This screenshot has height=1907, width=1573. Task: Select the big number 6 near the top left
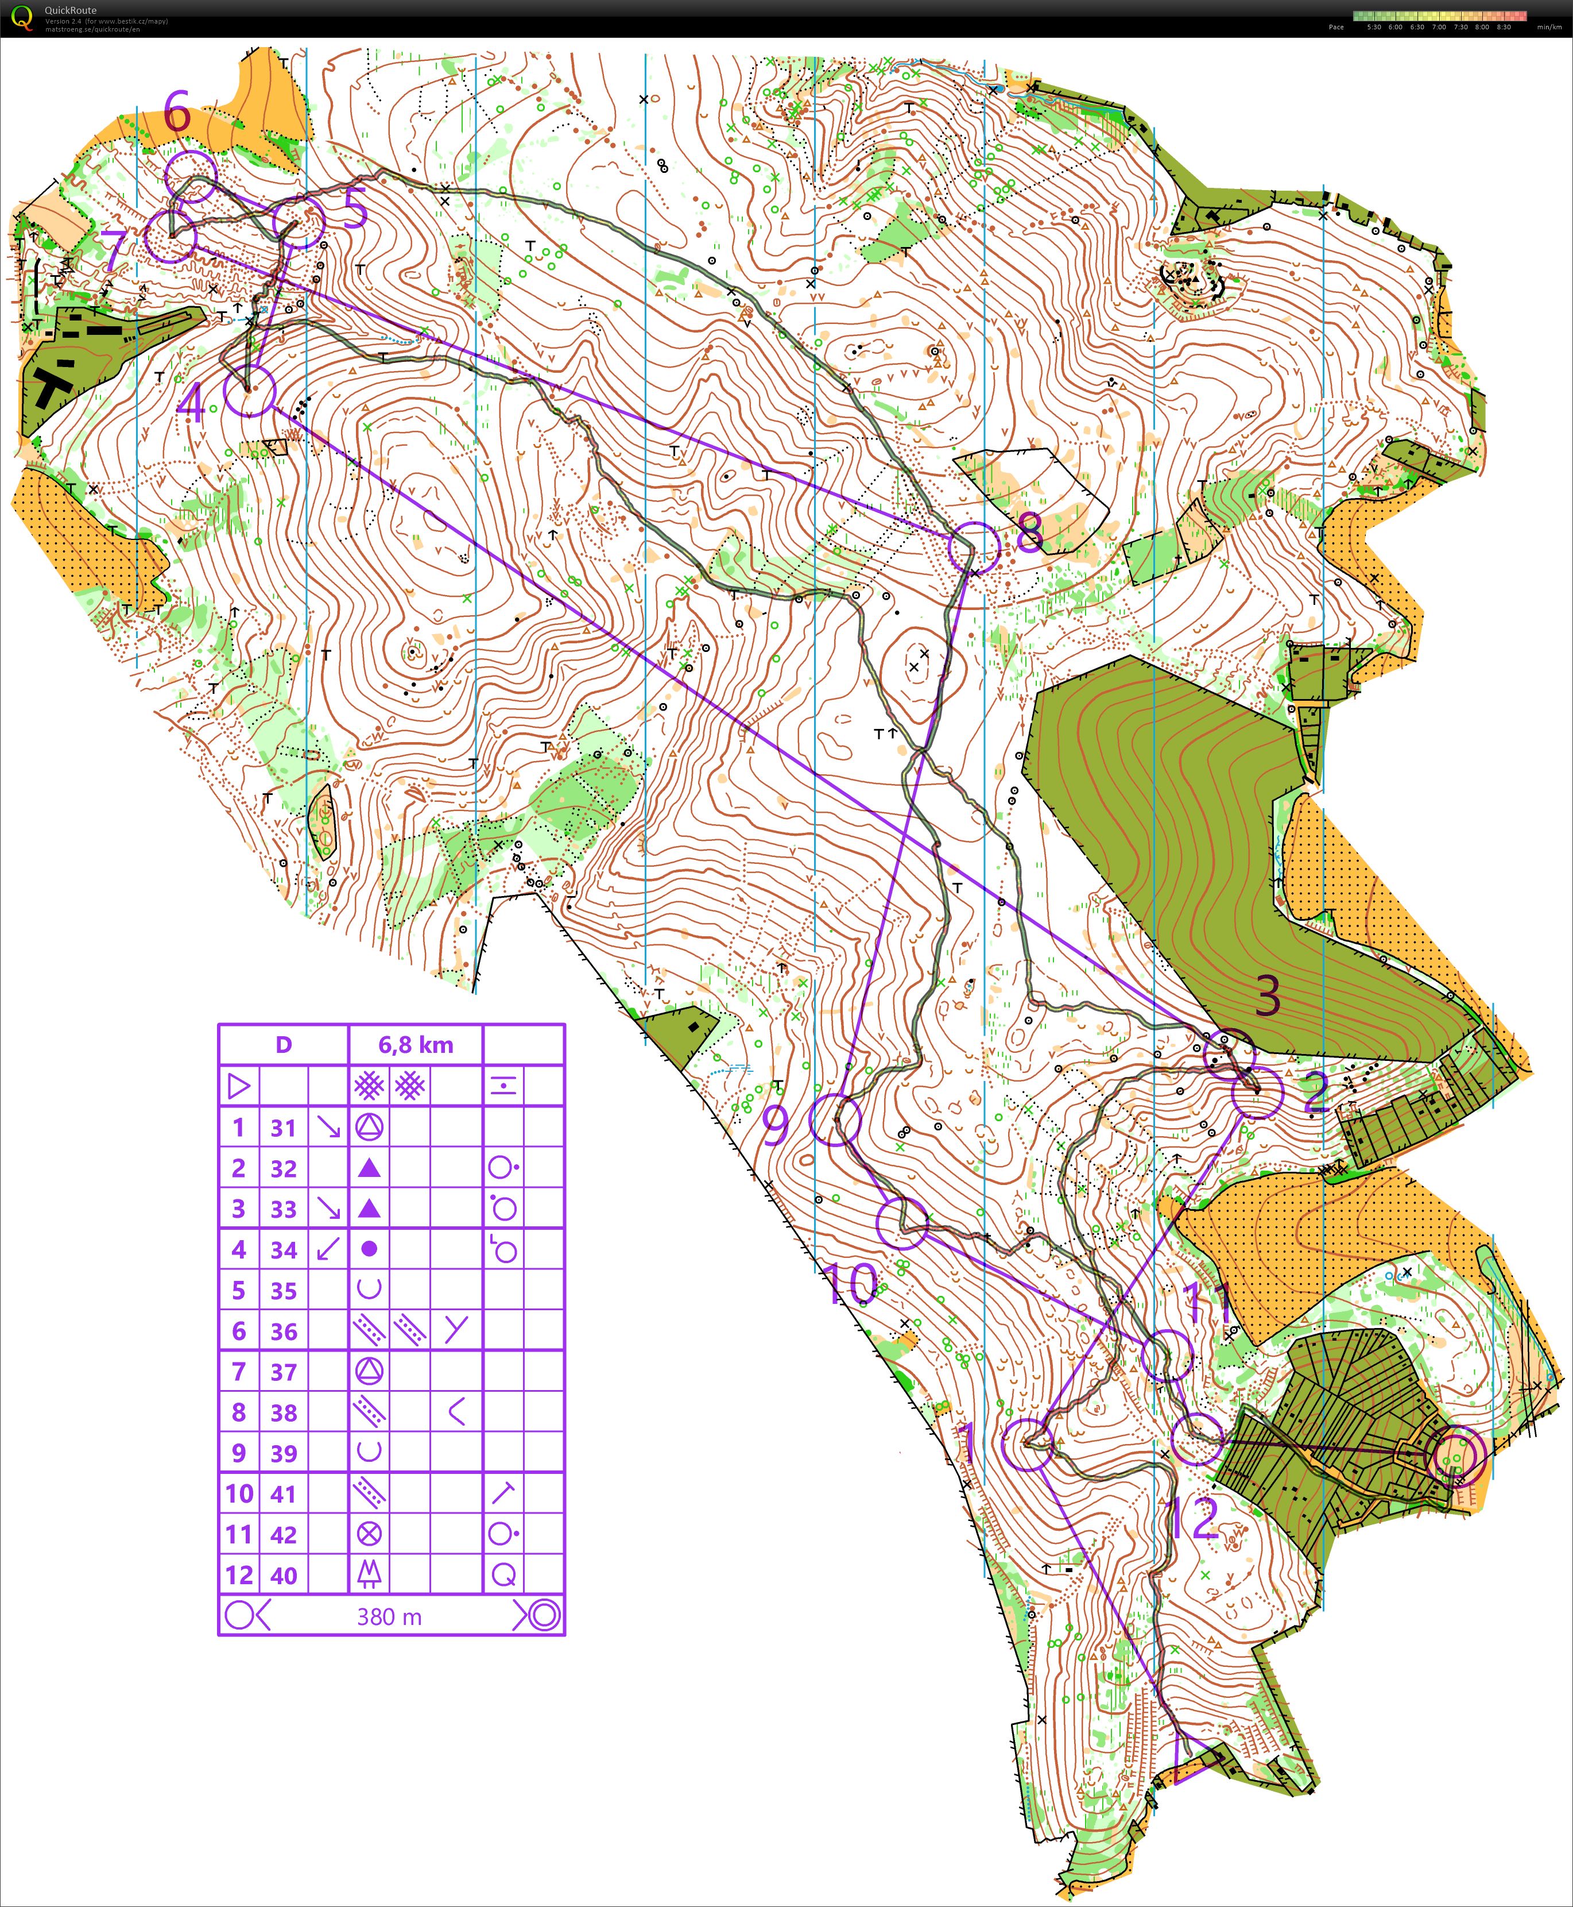[x=177, y=113]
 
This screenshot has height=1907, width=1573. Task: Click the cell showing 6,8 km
[x=416, y=1045]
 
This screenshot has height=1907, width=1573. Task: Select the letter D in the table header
[x=284, y=1045]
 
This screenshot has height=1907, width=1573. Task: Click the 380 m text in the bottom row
[x=390, y=1617]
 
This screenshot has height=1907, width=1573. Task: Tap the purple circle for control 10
[x=902, y=1223]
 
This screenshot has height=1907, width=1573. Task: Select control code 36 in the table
[x=284, y=1331]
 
